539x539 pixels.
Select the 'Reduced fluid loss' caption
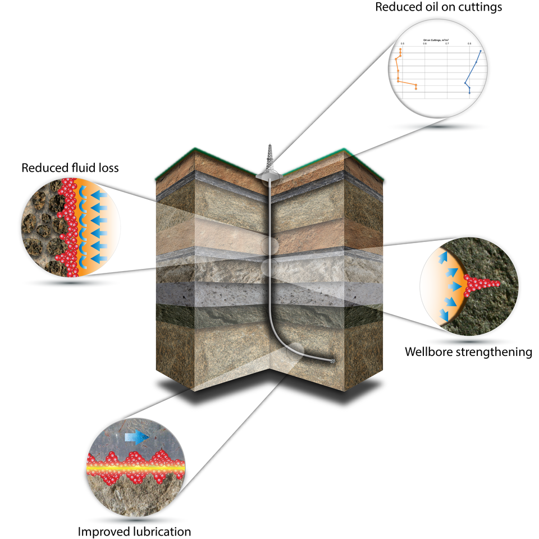[x=70, y=167]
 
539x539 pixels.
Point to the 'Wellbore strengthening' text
[x=468, y=352]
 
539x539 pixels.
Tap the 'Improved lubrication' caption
[x=134, y=531]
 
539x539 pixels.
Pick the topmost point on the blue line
[x=481, y=51]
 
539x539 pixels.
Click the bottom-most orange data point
[x=416, y=89]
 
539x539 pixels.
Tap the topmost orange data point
[x=400, y=50]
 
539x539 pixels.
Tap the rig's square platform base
[x=268, y=176]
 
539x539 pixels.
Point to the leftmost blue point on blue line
[x=465, y=83]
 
